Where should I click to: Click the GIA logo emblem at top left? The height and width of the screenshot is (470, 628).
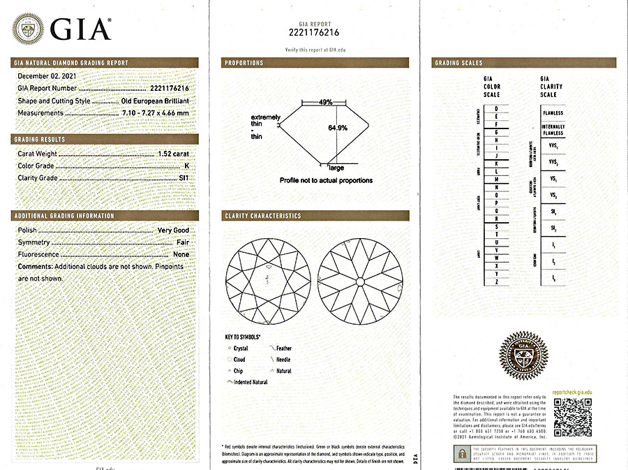pos(28,29)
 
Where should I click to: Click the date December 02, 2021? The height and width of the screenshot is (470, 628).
pos(47,75)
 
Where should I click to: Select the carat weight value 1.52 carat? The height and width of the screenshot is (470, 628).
pos(173,154)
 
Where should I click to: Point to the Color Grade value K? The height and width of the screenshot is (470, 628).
pos(186,166)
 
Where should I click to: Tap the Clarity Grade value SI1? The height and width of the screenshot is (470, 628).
pos(184,178)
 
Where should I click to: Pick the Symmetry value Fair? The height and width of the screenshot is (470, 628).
pos(182,242)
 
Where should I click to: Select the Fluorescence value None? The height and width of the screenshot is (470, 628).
pos(181,255)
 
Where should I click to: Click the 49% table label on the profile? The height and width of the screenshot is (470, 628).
pos(325,102)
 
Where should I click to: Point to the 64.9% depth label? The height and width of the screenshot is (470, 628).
pos(338,128)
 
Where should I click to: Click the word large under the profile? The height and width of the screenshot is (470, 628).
pos(336,168)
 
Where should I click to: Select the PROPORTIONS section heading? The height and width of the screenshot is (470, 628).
pos(244,63)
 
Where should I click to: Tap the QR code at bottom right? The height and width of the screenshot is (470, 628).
pos(572,417)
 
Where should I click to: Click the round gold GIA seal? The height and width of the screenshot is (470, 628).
pos(523,355)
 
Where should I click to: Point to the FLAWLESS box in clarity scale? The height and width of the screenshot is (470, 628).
pos(553,113)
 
